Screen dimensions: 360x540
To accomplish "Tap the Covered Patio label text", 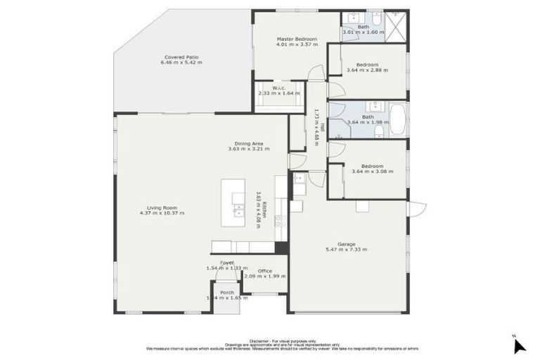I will [181, 57].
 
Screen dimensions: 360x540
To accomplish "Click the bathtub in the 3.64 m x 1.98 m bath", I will [397, 120].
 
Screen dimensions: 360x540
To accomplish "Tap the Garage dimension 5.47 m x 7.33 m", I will [347, 250].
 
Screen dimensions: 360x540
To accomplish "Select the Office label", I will [264, 271].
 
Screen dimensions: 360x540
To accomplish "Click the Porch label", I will [227, 292].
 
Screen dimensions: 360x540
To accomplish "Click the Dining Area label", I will [249, 143].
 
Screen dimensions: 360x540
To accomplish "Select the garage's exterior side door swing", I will [416, 208].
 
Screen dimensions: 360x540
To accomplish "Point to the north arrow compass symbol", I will [519, 345].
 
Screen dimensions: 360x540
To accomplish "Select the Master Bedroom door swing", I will [318, 71].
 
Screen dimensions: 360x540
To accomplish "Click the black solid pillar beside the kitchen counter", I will [281, 247].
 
